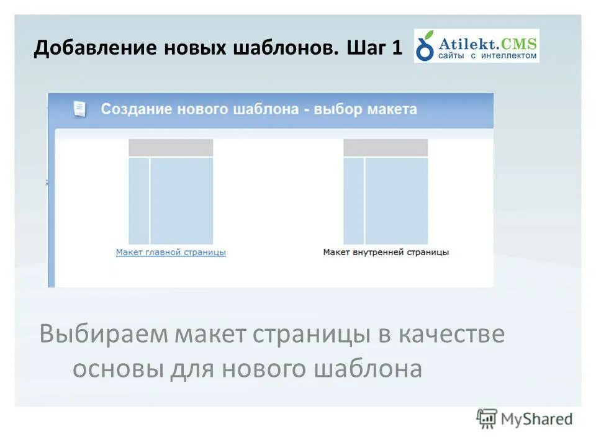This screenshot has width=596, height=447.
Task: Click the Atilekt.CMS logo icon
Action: tap(425, 47)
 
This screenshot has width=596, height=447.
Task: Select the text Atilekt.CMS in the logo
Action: tap(487, 42)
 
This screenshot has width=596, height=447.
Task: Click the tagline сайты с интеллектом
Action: tap(487, 56)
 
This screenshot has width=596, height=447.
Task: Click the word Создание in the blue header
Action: tap(137, 109)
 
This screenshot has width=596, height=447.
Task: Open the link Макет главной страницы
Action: tap(171, 252)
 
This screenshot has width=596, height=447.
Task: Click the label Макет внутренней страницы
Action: tap(386, 252)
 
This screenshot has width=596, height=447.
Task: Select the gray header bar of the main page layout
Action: tap(171, 147)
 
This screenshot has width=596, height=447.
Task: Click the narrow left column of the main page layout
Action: tap(138, 201)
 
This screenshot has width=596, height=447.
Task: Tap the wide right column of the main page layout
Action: tap(182, 201)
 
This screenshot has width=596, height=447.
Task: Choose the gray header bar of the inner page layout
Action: tap(386, 147)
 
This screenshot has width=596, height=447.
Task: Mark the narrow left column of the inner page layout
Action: tap(353, 201)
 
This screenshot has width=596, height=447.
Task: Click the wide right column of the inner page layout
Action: tap(397, 201)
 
